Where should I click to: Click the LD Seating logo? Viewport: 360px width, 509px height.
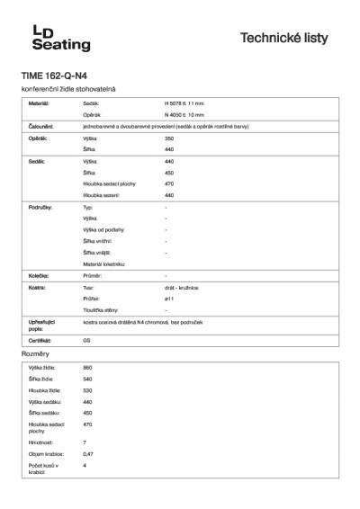41,37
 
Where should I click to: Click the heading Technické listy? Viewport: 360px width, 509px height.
290,38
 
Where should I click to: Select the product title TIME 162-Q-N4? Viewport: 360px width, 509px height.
55,76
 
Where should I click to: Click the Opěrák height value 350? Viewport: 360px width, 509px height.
169,138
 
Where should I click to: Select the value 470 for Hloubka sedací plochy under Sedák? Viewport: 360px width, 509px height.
169,183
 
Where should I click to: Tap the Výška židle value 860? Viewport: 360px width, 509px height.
87,369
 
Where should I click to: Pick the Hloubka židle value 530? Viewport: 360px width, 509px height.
87,391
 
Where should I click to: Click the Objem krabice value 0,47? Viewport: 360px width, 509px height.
88,454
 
